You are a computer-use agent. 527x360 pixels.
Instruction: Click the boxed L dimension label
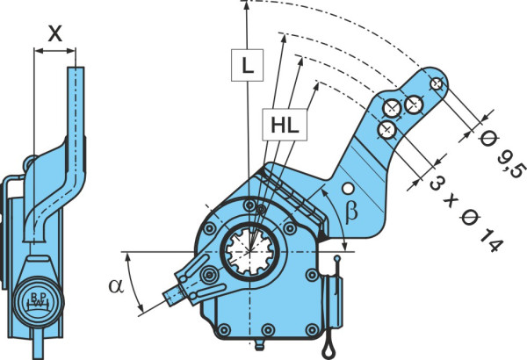[247, 65]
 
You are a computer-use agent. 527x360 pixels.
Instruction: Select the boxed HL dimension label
[285, 125]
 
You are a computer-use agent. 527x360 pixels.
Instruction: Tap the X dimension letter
[54, 33]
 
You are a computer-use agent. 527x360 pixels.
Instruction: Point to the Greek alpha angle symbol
[116, 285]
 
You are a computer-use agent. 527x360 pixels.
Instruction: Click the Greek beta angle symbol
[350, 212]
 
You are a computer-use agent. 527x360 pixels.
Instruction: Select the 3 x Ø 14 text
[466, 214]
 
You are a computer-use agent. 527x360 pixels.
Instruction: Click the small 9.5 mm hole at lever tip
[437, 83]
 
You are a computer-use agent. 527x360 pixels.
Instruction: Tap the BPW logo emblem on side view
[38, 301]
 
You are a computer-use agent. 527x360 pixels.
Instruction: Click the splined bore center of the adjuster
[249, 251]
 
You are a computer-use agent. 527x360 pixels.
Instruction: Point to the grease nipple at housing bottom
[259, 345]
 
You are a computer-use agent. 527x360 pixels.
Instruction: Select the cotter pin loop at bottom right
[328, 350]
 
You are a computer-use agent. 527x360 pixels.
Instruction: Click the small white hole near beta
[348, 189]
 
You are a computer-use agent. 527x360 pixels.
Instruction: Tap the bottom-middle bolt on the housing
[268, 329]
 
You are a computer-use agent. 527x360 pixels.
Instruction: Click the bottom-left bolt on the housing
[224, 329]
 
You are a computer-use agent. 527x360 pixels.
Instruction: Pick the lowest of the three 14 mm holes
[386, 129]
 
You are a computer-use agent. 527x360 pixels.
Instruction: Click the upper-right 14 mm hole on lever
[414, 104]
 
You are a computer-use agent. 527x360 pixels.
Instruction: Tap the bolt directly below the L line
[249, 205]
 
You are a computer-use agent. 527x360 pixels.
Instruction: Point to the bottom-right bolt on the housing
[312, 329]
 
